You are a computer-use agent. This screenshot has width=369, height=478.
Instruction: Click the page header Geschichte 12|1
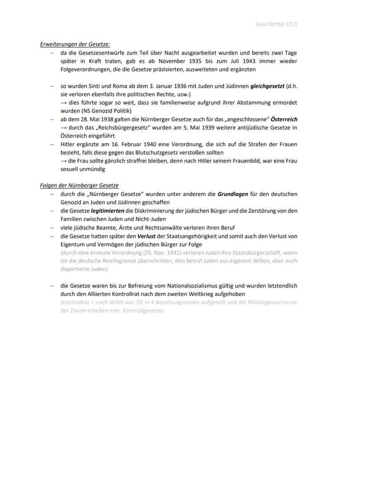pyautogui.click(x=276, y=24)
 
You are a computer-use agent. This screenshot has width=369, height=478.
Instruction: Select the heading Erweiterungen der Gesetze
pyautogui.click(x=75, y=44)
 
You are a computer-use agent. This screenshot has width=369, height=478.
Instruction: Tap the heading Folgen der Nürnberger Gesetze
pyautogui.click(x=79, y=185)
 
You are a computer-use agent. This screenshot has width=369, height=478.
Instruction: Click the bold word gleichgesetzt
pyautogui.click(x=267, y=86)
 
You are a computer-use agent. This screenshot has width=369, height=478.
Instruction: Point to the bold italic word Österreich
pyautogui.click(x=284, y=119)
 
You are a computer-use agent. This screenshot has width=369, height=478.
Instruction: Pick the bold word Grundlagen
pyautogui.click(x=232, y=194)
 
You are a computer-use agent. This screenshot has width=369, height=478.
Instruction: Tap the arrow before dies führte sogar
pyautogui.click(x=64, y=103)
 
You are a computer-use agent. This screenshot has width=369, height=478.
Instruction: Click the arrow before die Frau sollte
pyautogui.click(x=64, y=161)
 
